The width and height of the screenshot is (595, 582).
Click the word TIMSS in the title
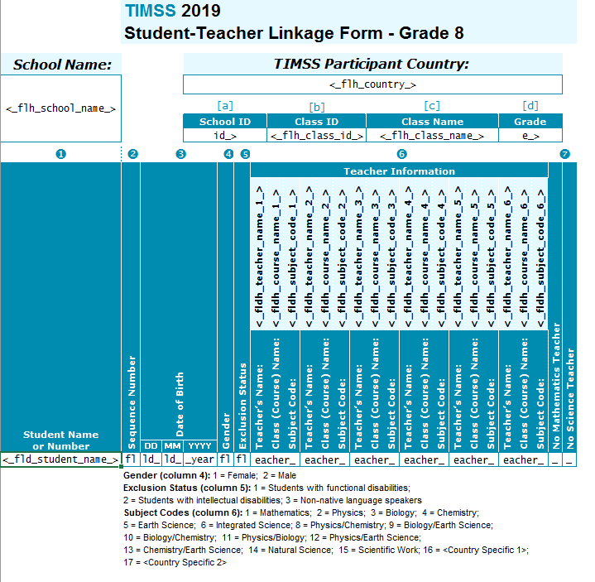[149, 11]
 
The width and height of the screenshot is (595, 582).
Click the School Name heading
[62, 65]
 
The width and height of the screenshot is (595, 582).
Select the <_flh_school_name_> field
[61, 108]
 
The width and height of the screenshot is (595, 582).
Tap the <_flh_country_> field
[372, 84]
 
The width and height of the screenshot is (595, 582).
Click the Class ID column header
[316, 121]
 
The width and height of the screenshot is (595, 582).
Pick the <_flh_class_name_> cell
[432, 136]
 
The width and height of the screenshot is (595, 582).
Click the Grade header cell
[530, 121]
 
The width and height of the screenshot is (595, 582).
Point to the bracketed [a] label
[224, 106]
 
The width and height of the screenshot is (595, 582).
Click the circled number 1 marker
[60, 153]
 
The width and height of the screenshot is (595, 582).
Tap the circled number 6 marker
[401, 153]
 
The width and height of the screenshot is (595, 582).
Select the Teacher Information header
[399, 171]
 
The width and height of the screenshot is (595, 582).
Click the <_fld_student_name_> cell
[61, 459]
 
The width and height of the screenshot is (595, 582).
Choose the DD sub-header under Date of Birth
[151, 445]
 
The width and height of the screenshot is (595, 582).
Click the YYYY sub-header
[199, 445]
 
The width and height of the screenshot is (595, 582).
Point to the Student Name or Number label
[60, 440]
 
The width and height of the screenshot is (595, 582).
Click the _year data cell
[199, 459]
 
